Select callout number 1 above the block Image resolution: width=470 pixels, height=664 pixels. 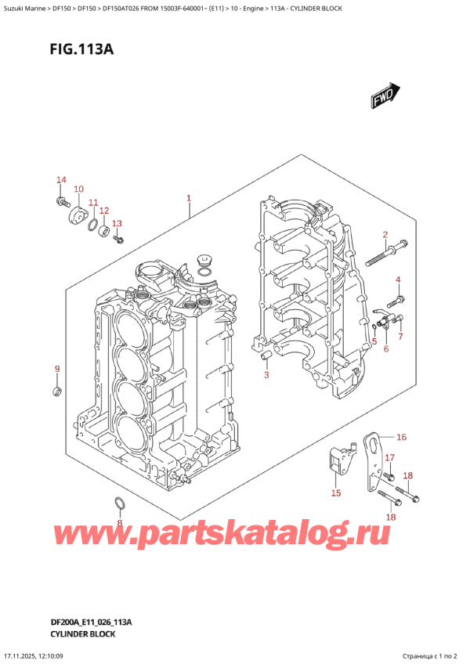[x=189, y=198]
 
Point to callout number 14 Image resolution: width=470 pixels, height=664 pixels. [x=62, y=181]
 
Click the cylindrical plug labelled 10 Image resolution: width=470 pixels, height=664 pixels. [x=78, y=215]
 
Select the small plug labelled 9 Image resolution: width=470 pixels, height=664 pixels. [x=56, y=391]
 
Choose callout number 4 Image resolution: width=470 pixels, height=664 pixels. [x=398, y=280]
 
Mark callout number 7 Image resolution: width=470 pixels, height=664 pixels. [x=400, y=337]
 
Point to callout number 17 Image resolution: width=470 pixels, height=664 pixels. [x=389, y=458]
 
